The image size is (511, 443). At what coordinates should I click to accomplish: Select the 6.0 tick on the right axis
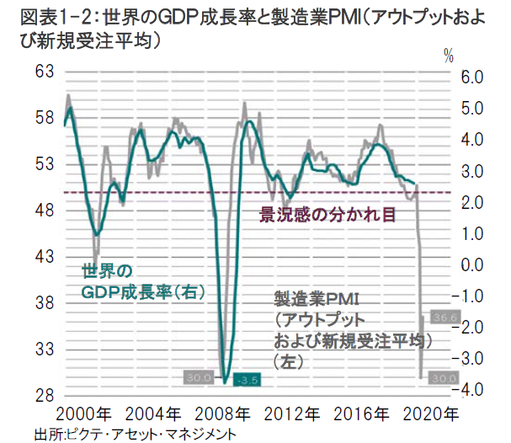pyautogui.click(x=470, y=77)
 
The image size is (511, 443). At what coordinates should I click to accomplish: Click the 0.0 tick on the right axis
pyautogui.click(x=470, y=264)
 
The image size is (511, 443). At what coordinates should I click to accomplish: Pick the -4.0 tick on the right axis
pyautogui.click(x=467, y=390)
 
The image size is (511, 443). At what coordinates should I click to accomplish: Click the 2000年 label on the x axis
pyautogui.click(x=90, y=414)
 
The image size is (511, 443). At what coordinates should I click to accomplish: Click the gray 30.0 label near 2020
pyautogui.click(x=442, y=379)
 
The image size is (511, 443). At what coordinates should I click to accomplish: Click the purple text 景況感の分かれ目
pyautogui.click(x=327, y=215)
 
